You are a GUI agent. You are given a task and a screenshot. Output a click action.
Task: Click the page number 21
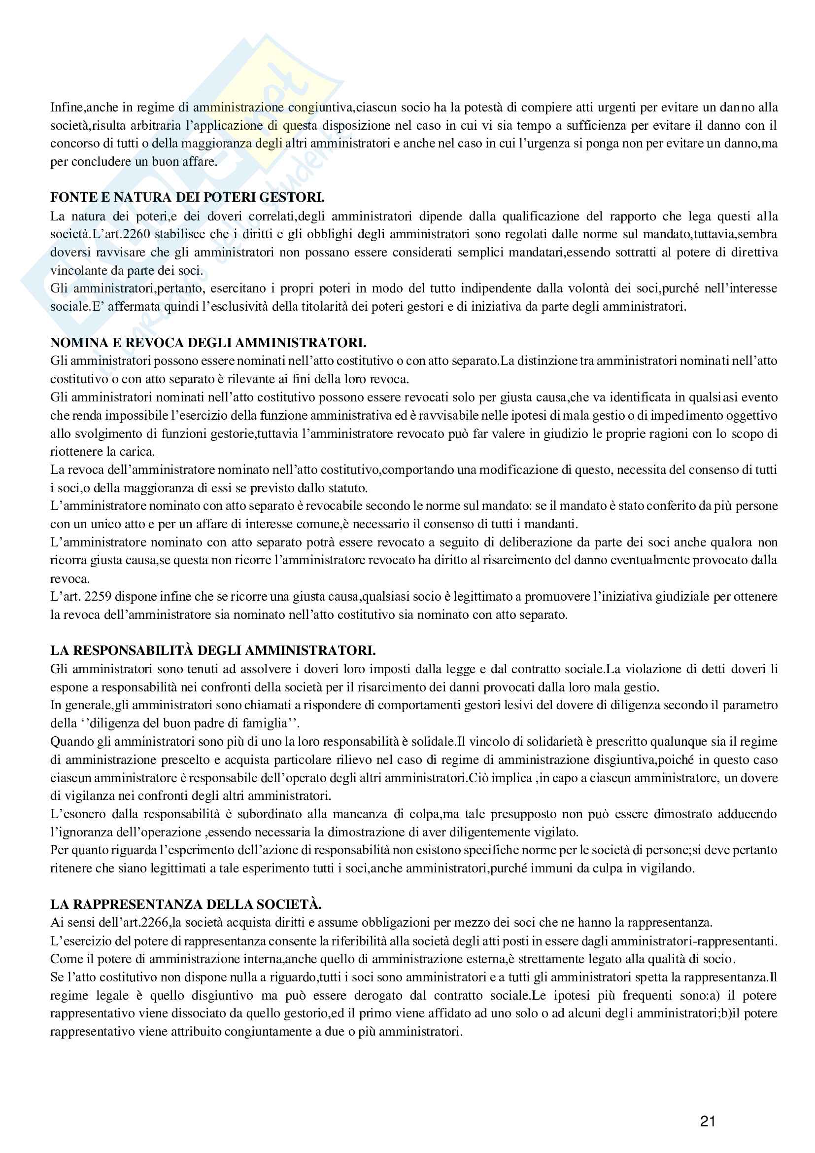(x=708, y=1121)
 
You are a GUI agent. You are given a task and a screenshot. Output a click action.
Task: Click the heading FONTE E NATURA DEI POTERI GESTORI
(x=187, y=197)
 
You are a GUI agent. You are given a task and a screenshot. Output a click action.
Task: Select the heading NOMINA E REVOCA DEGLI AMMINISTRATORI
(x=208, y=342)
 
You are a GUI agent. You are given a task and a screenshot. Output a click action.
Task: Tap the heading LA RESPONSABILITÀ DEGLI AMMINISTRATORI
(x=213, y=650)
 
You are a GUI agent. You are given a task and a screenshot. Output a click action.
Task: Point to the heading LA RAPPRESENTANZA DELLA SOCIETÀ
(x=186, y=904)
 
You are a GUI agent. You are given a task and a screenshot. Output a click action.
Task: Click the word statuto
(x=347, y=488)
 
